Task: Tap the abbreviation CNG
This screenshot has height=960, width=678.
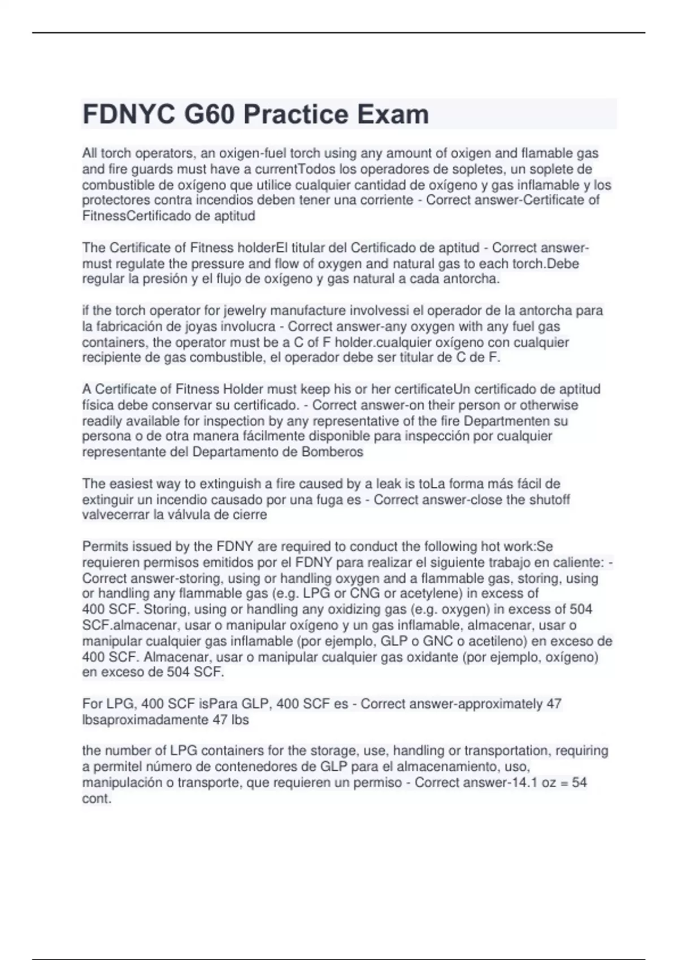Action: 366,594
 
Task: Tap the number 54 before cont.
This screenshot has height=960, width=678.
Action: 579,783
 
